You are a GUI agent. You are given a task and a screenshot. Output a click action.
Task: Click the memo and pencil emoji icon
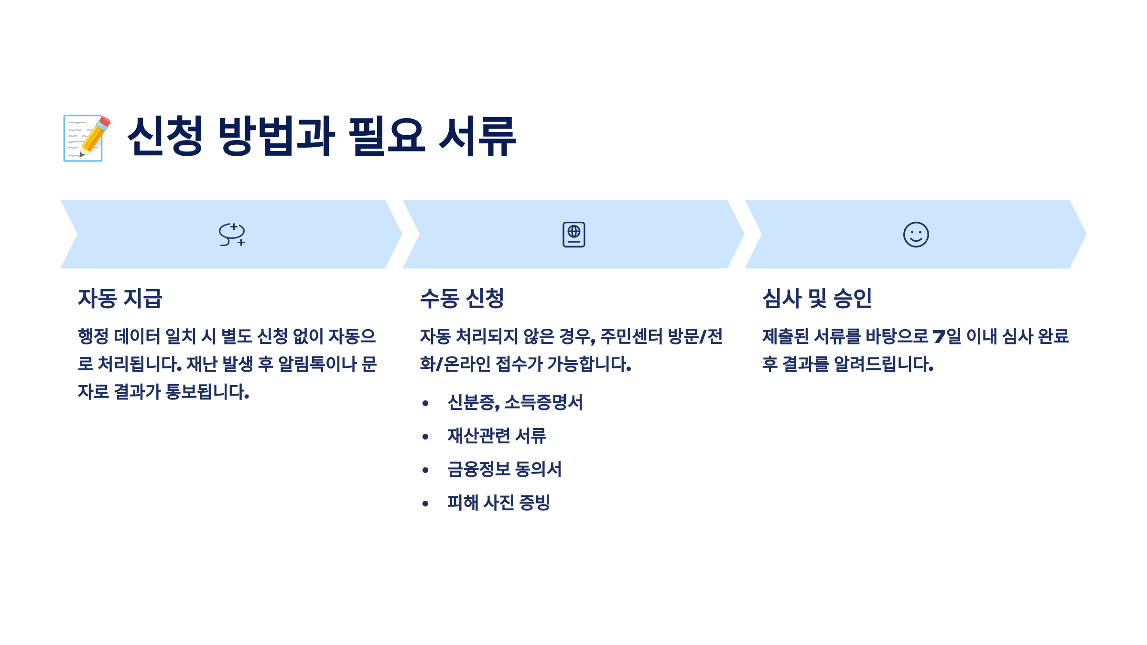click(x=87, y=138)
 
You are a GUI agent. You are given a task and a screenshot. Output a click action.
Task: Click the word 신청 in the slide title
click(x=165, y=136)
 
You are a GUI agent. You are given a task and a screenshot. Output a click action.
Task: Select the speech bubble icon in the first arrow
click(x=232, y=234)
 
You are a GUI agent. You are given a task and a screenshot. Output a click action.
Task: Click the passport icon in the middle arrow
click(x=573, y=234)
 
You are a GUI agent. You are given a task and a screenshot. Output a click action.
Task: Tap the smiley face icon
click(x=916, y=234)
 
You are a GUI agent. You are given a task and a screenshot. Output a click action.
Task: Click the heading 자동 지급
click(x=120, y=298)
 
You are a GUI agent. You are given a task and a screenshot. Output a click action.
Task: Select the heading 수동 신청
click(x=462, y=298)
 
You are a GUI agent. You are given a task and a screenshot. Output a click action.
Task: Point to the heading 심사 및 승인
click(x=817, y=298)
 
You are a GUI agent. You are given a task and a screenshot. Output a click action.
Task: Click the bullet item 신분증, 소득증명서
click(x=515, y=402)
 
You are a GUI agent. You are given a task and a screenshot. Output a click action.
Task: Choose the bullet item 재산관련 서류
click(x=497, y=436)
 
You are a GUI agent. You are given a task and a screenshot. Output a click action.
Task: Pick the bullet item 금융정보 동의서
click(x=504, y=469)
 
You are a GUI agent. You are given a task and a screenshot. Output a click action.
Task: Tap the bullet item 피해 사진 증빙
click(x=498, y=503)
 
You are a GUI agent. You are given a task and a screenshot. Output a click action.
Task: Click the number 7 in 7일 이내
click(x=939, y=336)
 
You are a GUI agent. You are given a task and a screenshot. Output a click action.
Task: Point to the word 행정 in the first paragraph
click(x=93, y=336)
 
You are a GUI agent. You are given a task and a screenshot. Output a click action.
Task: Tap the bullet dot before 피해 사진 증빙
click(x=425, y=504)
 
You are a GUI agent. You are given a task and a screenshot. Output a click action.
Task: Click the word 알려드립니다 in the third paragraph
click(x=883, y=364)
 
